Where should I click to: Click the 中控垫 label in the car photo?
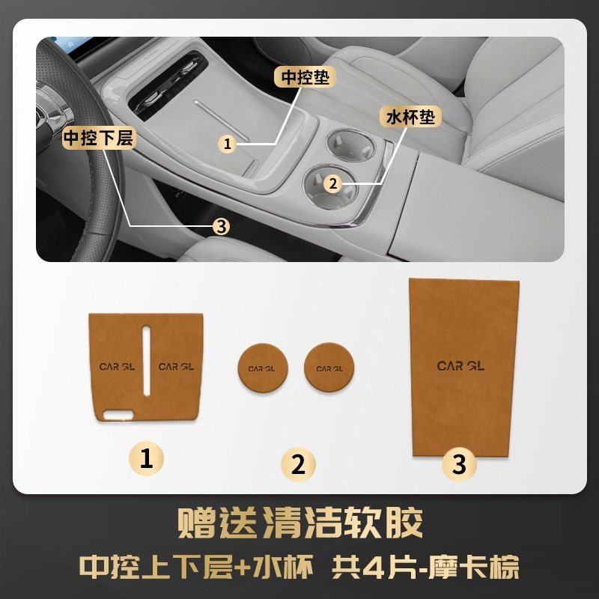(305, 77)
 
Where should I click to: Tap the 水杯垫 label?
(410, 117)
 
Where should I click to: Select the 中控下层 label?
(100, 138)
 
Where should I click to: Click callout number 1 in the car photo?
(228, 144)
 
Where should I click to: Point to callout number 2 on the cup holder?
(332, 183)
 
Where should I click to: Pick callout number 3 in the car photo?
(221, 227)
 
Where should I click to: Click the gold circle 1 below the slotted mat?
(146, 458)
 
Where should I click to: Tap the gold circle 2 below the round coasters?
(298, 464)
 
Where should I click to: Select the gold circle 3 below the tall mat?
(459, 464)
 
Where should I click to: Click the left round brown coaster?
(263, 368)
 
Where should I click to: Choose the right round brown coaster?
(329, 368)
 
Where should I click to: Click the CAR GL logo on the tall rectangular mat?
(460, 366)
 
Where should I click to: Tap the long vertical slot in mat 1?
(147, 360)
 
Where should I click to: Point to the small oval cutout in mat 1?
(118, 416)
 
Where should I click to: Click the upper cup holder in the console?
(350, 145)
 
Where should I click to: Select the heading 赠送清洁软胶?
(300, 523)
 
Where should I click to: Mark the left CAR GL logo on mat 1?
(117, 367)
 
